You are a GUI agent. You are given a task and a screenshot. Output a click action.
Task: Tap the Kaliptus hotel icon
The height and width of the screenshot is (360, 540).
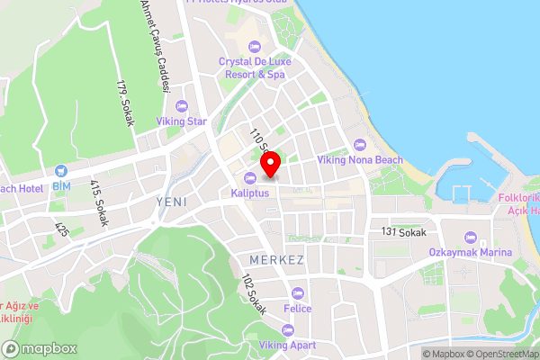click(x=250, y=176)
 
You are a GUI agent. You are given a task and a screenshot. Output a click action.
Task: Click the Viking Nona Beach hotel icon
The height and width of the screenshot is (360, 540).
click(x=360, y=145)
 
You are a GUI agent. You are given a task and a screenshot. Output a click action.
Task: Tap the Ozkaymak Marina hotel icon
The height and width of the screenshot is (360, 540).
click(x=469, y=238)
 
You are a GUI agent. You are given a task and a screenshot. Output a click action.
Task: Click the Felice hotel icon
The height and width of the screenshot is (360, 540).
click(x=298, y=292)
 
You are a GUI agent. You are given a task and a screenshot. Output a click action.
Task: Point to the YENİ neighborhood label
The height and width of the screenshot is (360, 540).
click(x=171, y=202)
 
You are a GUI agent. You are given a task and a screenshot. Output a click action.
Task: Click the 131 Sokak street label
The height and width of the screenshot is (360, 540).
click(x=402, y=232)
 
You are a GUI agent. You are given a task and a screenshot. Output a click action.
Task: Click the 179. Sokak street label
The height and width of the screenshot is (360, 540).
click(x=124, y=103)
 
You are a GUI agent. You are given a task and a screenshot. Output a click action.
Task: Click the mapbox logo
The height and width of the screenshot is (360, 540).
click(x=39, y=348)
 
